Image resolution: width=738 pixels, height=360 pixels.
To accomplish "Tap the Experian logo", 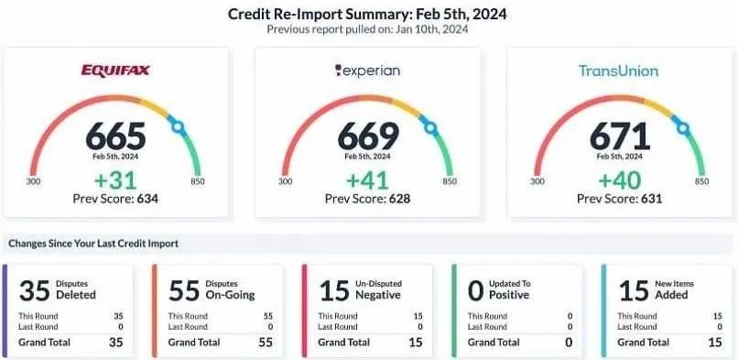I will point(366,70).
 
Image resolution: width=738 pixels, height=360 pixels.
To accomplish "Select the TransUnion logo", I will point(618,71).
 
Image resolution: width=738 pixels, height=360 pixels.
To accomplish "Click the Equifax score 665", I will point(115,136).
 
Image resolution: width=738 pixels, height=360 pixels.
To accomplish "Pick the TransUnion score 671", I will point(619,136).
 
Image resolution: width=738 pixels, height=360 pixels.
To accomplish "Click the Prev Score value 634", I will point(145,197).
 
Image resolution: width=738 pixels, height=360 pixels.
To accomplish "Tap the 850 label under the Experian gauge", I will point(450,181).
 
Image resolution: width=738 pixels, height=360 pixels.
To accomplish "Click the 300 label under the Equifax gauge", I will point(35,181).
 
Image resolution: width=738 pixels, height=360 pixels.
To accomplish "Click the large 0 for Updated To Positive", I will point(475,291).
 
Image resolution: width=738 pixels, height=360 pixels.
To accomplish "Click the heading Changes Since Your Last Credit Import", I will point(93,244).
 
